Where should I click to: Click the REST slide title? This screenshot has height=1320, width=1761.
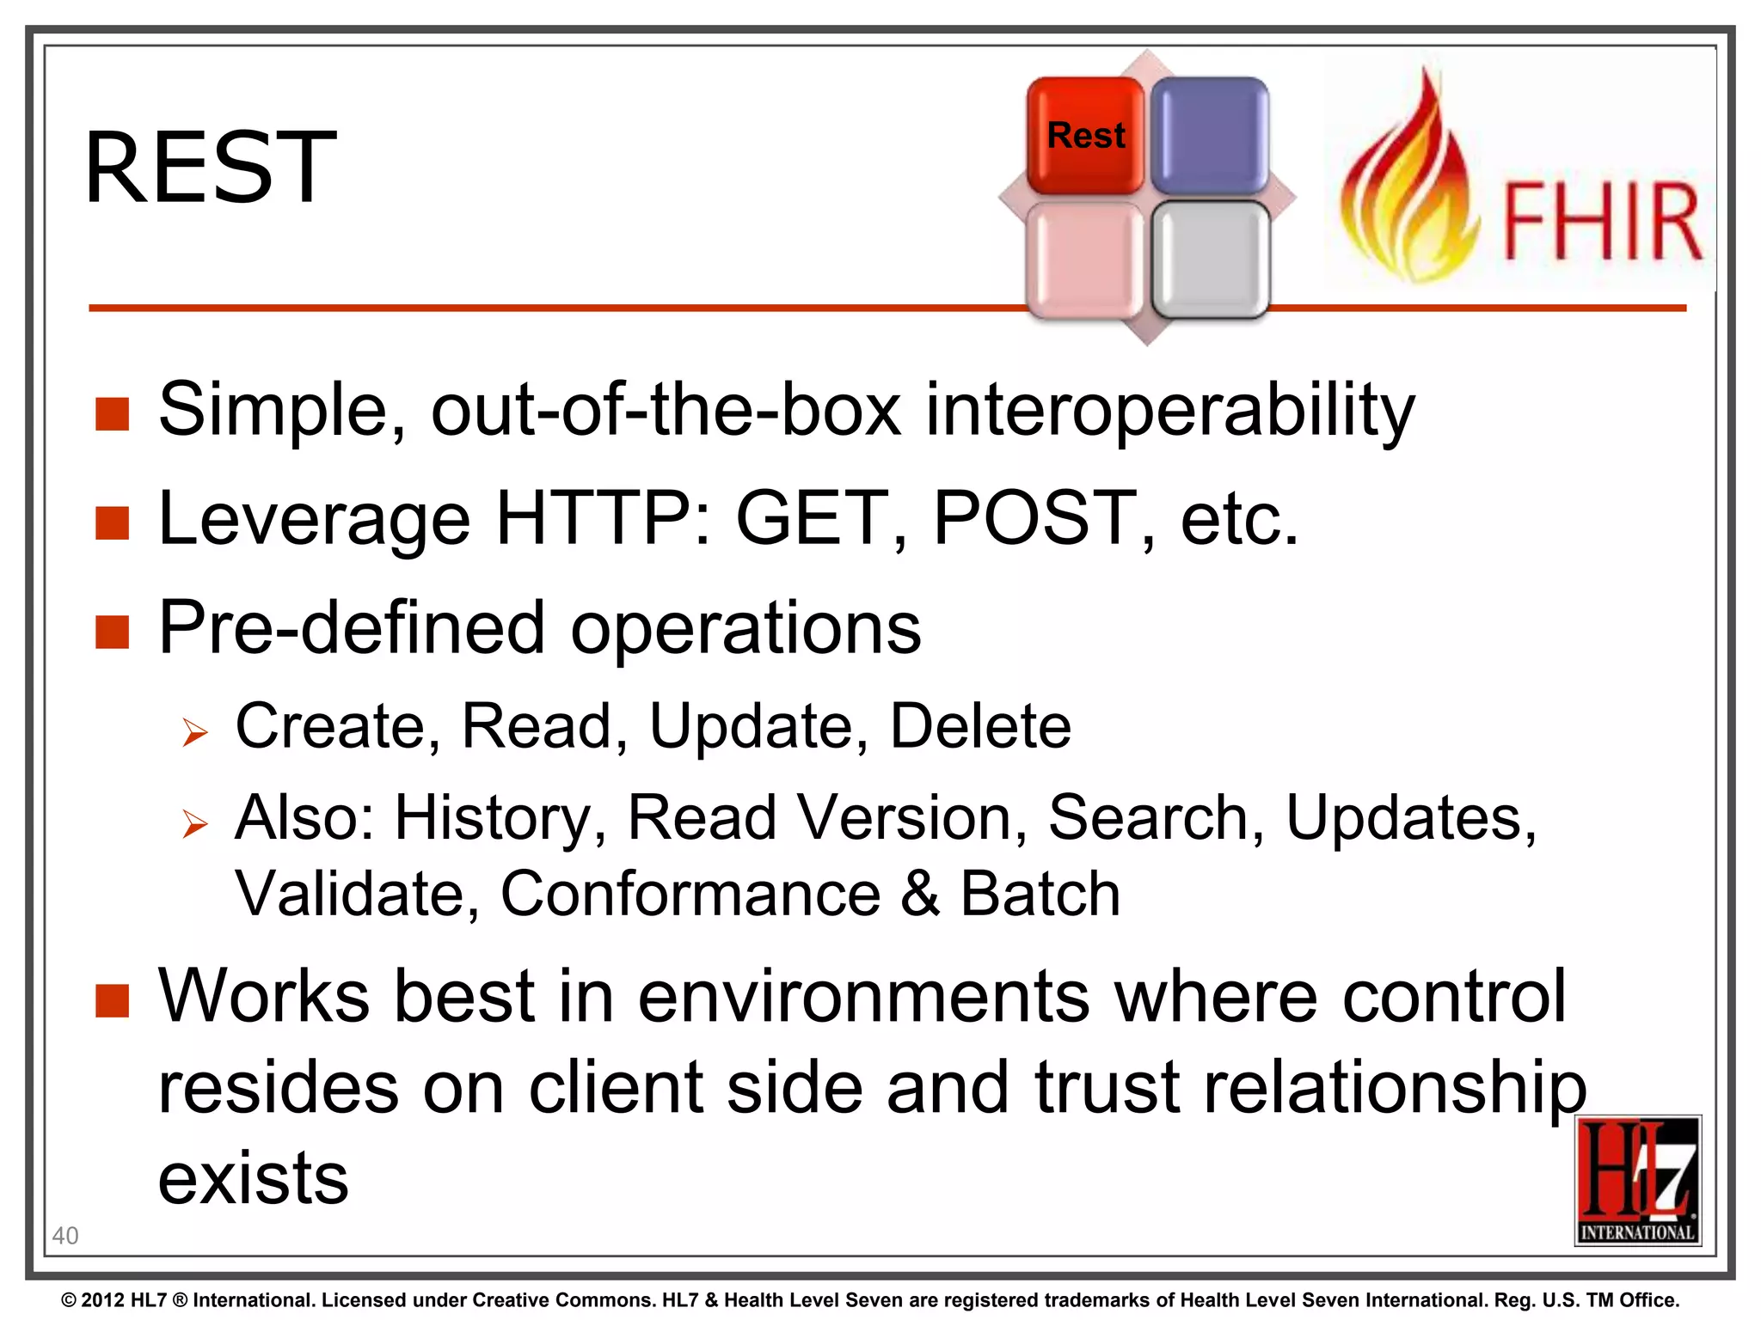coord(210,167)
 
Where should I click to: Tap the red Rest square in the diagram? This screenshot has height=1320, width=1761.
coord(1085,136)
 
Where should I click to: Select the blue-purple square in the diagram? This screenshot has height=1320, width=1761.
coord(1210,136)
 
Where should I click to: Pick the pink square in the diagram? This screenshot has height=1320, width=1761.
coord(1085,260)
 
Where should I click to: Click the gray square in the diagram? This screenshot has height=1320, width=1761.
coord(1211,260)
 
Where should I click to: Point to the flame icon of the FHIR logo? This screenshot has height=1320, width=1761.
coord(1407,189)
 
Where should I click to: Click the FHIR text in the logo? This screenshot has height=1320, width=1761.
coord(1601,222)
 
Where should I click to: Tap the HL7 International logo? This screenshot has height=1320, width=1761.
coord(1638,1180)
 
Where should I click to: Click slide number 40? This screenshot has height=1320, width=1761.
coord(65,1236)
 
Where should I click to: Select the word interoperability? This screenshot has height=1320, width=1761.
coord(1169,410)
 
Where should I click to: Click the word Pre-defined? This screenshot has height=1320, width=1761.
coord(351,628)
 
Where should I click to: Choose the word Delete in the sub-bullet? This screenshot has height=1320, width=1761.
coord(979,727)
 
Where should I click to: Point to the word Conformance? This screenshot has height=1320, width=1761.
coord(690,895)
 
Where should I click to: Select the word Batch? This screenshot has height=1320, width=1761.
coord(1040,895)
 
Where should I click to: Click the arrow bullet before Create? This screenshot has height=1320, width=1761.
coord(195,733)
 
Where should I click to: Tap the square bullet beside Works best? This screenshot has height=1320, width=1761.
coord(113,1000)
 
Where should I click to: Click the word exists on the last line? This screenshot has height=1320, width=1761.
coord(253,1179)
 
